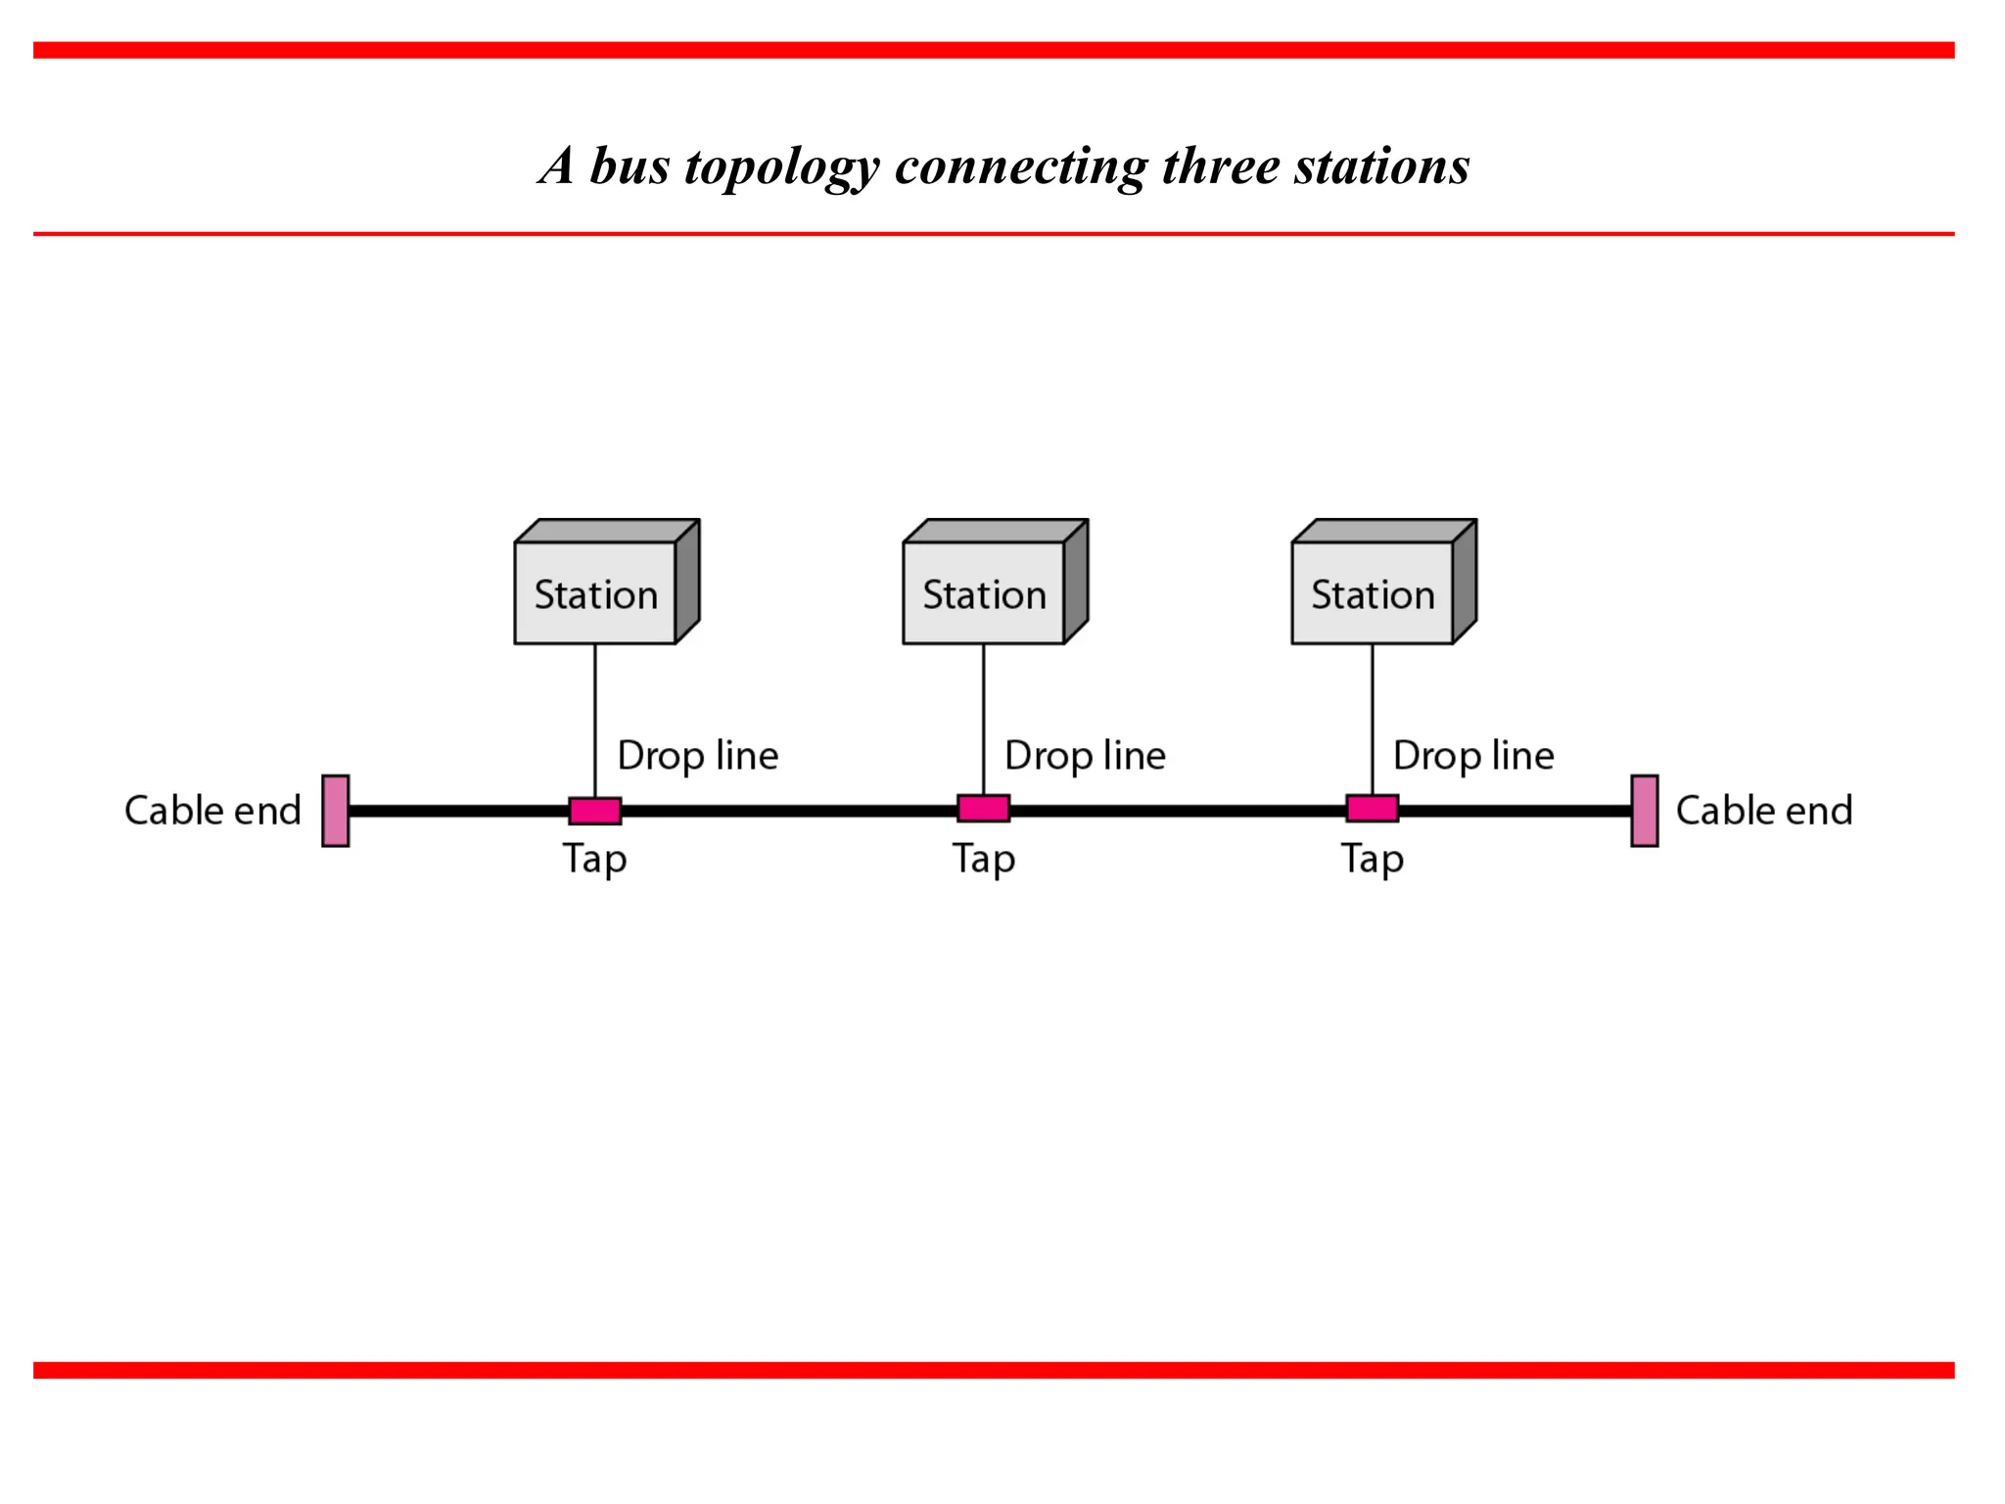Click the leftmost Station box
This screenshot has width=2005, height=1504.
click(x=596, y=592)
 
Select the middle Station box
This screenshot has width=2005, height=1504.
click(x=985, y=592)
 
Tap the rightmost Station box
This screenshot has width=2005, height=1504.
click(x=1373, y=592)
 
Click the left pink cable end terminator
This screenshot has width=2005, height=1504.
click(x=336, y=811)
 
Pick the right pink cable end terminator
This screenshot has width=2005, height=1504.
click(x=1645, y=811)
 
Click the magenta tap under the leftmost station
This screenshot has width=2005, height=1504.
click(x=595, y=811)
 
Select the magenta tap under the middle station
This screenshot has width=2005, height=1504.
click(x=984, y=809)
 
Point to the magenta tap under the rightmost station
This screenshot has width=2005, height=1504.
click(x=1373, y=809)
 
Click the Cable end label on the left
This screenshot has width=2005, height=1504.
click(x=212, y=811)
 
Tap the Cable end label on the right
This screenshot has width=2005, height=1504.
click(x=1764, y=811)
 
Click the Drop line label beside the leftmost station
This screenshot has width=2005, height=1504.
click(x=698, y=756)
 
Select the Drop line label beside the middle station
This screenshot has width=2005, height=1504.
click(x=1086, y=756)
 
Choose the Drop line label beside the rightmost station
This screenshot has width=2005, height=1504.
click(x=1473, y=756)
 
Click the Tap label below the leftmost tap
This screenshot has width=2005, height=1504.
click(x=594, y=860)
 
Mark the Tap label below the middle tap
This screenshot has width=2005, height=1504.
click(x=984, y=860)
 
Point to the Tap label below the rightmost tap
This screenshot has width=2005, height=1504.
click(x=1373, y=860)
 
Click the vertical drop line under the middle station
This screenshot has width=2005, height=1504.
click(x=984, y=720)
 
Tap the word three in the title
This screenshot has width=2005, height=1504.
click(x=1221, y=166)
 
